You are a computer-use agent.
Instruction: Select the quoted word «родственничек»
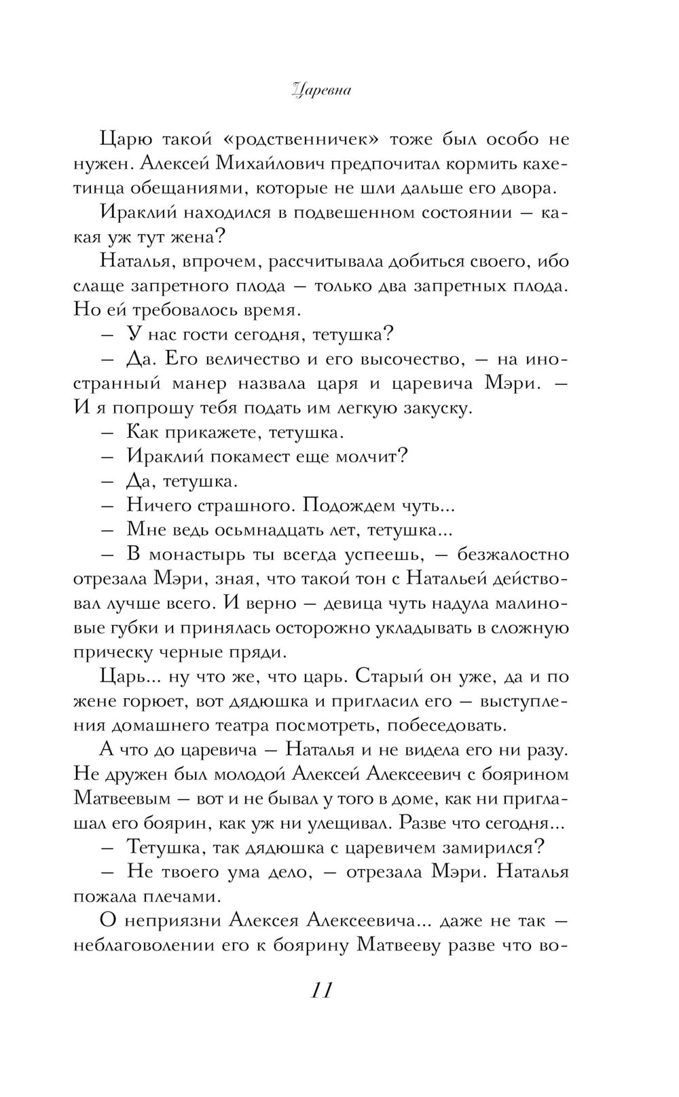tap(301, 139)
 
